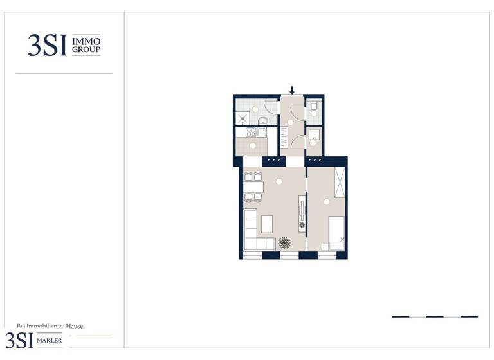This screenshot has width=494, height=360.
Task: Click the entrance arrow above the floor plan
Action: (292, 90)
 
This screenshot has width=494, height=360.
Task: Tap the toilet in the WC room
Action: (313, 105)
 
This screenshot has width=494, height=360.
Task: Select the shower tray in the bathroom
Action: (242, 118)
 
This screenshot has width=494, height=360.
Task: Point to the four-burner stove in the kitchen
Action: (251, 132)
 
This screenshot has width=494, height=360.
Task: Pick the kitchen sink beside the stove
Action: (262, 132)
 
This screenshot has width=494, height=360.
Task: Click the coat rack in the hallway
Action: (283, 137)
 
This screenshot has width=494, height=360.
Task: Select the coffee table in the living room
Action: (266, 224)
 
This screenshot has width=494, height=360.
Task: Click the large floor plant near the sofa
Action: (284, 242)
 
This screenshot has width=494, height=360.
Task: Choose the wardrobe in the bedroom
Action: (339, 181)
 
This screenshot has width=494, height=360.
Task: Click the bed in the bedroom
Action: (336, 232)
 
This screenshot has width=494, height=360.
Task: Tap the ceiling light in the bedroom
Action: (326, 202)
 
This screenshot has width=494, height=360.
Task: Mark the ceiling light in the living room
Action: (280, 182)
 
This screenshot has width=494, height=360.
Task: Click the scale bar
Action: (434, 316)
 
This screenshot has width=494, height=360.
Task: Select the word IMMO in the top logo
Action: (86, 40)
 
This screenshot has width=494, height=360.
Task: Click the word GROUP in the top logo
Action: (86, 50)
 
